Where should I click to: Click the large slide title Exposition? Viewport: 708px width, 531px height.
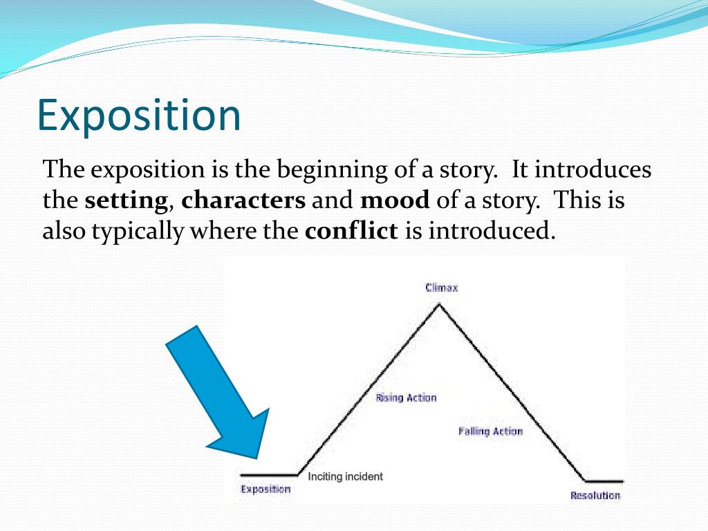coord(139,115)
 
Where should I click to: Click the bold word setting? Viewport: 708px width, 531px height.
coord(127,201)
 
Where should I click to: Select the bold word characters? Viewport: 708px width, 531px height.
coord(243,201)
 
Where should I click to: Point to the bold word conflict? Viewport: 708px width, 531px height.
coord(351,231)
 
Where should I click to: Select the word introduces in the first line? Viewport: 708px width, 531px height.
coord(593,170)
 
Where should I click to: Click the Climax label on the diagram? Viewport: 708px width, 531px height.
coord(441,288)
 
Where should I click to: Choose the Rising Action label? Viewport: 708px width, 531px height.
coord(406,398)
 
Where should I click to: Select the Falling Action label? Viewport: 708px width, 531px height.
coord(490,431)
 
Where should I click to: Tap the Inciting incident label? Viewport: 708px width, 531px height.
coord(345,477)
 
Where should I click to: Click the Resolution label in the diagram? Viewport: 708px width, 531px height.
coord(595,496)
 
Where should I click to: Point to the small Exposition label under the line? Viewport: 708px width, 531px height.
coord(265,490)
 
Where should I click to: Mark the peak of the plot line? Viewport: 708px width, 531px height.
coord(438,304)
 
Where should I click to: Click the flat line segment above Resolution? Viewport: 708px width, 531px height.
coord(604,481)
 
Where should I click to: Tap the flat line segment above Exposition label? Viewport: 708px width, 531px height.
coord(268,475)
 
